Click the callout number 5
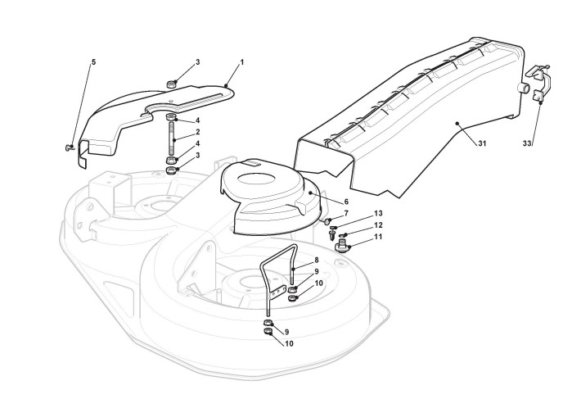pos(93,61)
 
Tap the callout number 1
pos(241,62)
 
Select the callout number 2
pos(197,132)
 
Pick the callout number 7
pos(345,213)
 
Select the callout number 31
pos(483,144)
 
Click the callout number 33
pos(527,143)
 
